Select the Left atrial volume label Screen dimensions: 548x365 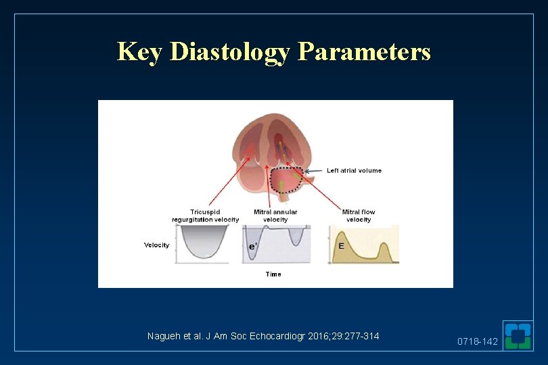(354, 170)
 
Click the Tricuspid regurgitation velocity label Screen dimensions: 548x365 (205, 216)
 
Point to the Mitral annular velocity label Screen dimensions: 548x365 (275, 216)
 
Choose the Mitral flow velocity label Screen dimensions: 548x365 (359, 216)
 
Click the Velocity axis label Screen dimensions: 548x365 (156, 245)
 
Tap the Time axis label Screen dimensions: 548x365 (273, 274)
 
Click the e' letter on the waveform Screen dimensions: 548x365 (253, 247)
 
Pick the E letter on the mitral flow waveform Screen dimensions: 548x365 (341, 246)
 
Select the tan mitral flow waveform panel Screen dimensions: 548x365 (364, 245)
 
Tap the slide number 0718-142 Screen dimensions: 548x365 (477, 342)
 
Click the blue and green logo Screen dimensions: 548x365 (519, 336)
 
